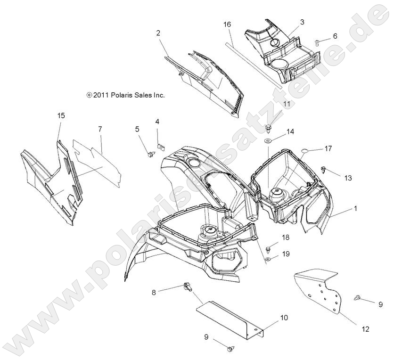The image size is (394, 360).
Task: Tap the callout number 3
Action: (302, 22)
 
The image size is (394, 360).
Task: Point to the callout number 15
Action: (61, 115)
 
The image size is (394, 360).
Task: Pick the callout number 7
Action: (100, 129)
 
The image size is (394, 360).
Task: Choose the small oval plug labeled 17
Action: (304, 151)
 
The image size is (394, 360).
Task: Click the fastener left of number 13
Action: (324, 169)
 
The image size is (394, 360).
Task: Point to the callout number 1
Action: (355, 208)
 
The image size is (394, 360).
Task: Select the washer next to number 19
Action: (268, 259)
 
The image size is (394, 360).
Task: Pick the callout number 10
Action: (284, 318)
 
